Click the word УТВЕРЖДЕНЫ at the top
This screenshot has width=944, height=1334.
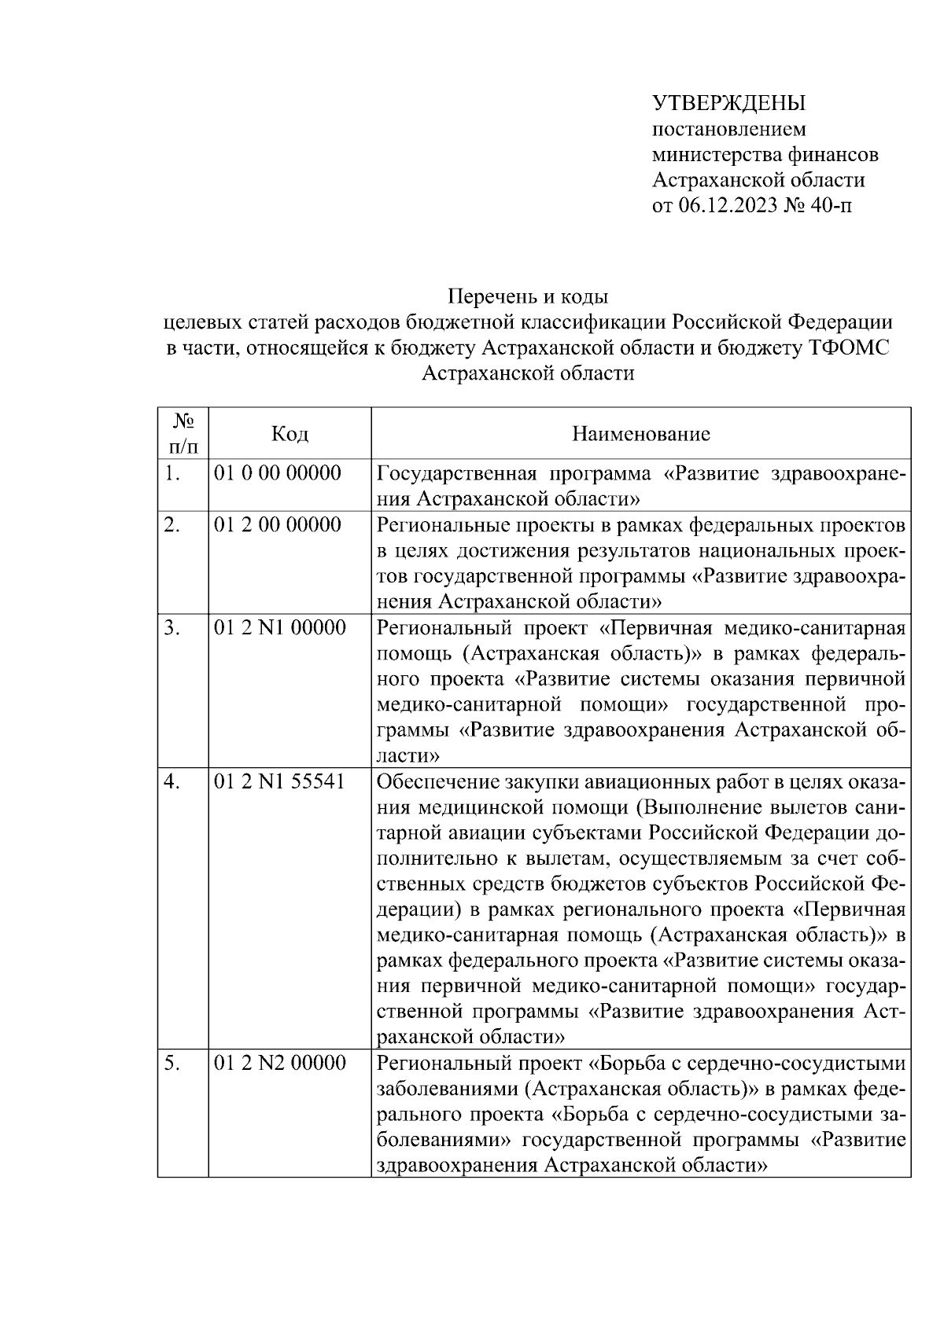729,104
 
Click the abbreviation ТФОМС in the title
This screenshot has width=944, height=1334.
849,347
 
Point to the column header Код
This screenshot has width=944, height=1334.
289,434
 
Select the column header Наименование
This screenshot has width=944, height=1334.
640,434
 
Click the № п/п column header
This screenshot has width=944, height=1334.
183,434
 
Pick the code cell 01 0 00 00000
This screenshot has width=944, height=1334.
278,473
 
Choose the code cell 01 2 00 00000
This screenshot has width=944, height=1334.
278,525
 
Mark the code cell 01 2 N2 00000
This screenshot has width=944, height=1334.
279,1064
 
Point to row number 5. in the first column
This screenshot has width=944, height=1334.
172,1064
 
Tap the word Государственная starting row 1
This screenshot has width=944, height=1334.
456,473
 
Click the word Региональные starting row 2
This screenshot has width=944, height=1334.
441,525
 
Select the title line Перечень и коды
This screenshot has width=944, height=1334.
528,297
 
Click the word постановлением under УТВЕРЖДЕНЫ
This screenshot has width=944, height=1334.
729,129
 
